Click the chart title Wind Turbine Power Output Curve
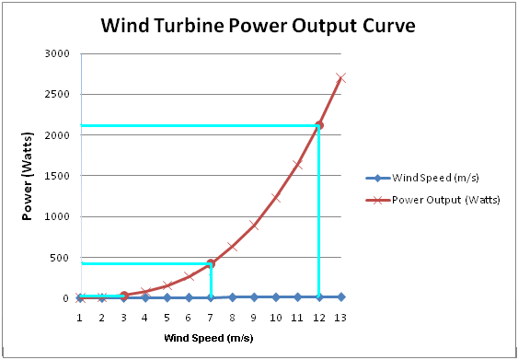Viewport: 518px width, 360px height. pos(259,25)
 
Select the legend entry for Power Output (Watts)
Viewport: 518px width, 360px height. pos(445,199)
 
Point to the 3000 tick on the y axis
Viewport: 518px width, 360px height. pos(57,53)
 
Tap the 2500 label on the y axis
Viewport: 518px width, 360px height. pos(57,94)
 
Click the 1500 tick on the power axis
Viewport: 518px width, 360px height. pos(57,176)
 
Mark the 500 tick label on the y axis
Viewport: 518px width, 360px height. pos(60,258)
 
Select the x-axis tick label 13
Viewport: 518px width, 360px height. pos(340,318)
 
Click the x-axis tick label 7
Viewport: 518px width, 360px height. pos(210,318)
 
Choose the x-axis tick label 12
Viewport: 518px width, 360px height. pos(318,318)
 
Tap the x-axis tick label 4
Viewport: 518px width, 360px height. pos(145,318)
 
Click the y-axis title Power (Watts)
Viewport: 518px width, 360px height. pos(29,176)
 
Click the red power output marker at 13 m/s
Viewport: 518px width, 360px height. pos(340,77)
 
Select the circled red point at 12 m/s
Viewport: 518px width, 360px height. pos(319,125)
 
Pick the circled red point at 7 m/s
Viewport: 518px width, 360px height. pos(211,263)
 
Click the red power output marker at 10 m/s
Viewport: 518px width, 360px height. pos(275,197)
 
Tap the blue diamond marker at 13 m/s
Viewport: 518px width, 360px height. pos(340,296)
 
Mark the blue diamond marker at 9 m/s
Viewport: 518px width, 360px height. pos(254,296)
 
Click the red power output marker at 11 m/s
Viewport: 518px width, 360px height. pos(297,164)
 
